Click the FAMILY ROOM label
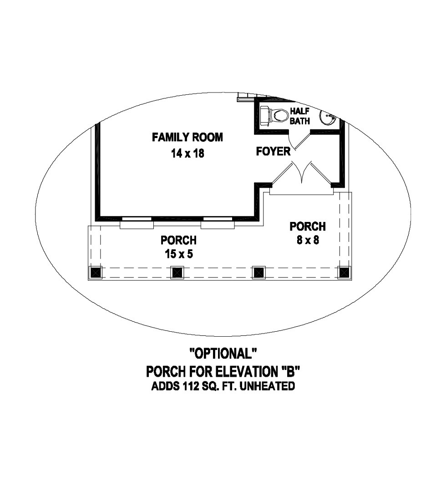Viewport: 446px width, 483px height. point(188,137)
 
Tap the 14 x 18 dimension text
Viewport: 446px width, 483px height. point(188,153)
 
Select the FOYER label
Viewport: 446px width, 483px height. point(273,152)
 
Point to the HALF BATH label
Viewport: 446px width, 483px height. point(299,116)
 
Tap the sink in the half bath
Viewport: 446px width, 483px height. point(327,118)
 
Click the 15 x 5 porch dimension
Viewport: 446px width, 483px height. point(179,254)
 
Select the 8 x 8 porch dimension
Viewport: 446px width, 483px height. point(308,240)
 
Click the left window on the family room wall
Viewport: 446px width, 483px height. point(137,222)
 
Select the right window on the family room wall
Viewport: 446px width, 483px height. point(218,222)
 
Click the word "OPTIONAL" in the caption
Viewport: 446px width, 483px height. point(223,353)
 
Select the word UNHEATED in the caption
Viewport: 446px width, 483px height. point(267,386)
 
